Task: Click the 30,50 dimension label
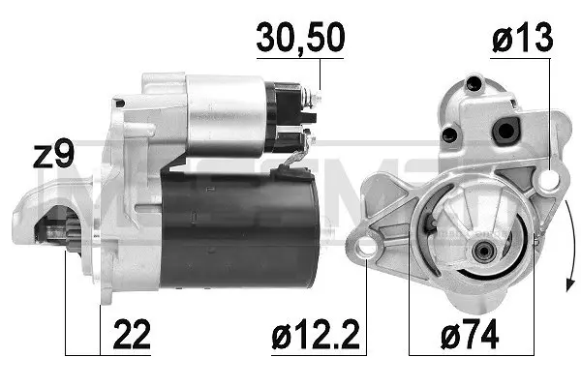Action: (x=300, y=38)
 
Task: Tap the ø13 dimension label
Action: (x=523, y=38)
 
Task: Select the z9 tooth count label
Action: (x=53, y=153)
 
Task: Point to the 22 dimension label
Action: (x=132, y=334)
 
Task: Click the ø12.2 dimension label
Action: (x=316, y=335)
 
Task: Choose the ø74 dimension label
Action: (x=470, y=335)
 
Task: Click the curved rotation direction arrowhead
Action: (x=570, y=284)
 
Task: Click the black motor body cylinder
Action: (x=240, y=229)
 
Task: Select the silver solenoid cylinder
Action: (x=226, y=115)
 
